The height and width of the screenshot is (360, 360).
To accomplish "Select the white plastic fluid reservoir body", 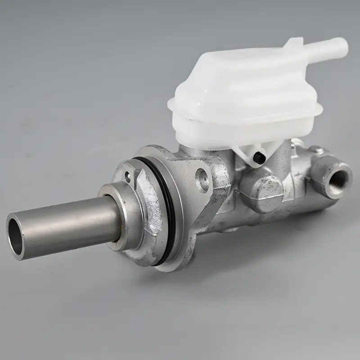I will pyautogui.click(x=243, y=90).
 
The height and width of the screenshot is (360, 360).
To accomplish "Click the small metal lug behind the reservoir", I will pyautogui.click(x=315, y=148).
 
